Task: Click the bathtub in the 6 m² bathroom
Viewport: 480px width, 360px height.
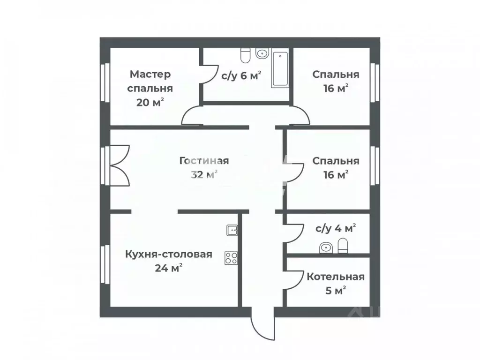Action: (x=280, y=69)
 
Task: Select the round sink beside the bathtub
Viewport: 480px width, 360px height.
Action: (x=262, y=53)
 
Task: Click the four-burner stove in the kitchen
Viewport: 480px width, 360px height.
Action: (x=231, y=258)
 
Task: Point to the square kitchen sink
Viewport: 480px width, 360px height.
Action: (x=232, y=230)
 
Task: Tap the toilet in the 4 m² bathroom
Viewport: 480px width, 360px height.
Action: (x=343, y=246)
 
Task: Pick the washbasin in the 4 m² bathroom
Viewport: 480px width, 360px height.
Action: (x=325, y=247)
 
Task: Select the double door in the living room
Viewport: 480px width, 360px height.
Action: (x=119, y=166)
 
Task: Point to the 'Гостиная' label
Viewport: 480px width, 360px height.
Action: (x=204, y=161)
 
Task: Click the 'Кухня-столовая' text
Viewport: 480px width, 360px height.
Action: (x=168, y=254)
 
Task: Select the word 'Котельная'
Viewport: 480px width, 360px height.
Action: (x=335, y=276)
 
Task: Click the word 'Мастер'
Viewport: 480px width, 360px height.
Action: (x=150, y=74)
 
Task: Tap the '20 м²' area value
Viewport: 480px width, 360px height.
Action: (x=150, y=102)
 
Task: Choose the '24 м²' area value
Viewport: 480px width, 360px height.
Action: (x=168, y=268)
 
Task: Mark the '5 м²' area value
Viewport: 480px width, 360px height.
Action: (x=335, y=290)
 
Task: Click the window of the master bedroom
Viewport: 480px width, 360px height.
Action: (x=105, y=82)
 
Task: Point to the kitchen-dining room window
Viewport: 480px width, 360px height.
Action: (x=105, y=265)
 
